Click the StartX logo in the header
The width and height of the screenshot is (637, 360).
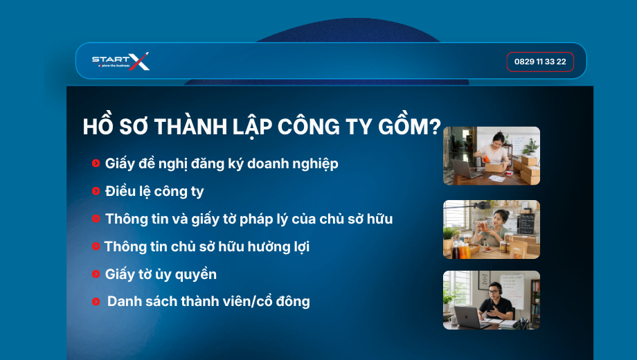click(120, 62)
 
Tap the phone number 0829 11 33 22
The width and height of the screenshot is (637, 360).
click(540, 62)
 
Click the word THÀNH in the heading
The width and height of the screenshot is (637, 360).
click(190, 126)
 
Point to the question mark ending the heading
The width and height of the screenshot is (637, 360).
click(435, 127)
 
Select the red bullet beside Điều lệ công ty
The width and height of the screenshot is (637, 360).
click(96, 191)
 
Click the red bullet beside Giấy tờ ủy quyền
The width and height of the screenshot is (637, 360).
click(96, 274)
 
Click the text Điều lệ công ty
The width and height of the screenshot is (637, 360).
click(154, 191)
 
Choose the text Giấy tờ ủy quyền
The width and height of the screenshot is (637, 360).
click(161, 274)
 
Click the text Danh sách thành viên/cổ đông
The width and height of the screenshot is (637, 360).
click(208, 301)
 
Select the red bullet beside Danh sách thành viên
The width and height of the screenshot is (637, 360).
click(96, 301)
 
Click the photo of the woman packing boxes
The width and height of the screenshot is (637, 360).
click(492, 156)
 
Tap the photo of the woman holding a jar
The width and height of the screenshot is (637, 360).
click(492, 229)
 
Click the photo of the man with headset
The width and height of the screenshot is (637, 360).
click(492, 300)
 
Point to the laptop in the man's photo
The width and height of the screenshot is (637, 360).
click(468, 316)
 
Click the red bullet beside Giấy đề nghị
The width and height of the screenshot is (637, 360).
click(96, 163)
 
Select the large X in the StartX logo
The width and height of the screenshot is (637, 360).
click(139, 62)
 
